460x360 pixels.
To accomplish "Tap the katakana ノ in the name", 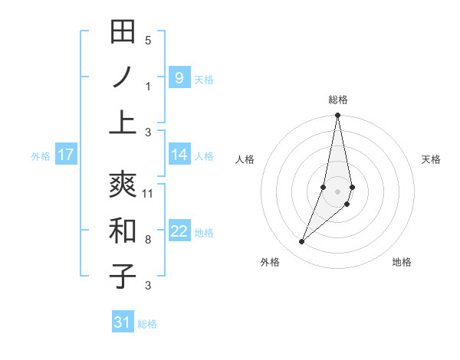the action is point(123,77).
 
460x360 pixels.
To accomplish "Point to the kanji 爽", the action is point(123,184).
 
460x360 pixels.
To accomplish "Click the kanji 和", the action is point(123,230).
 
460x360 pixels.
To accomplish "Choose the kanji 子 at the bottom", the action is point(123,276).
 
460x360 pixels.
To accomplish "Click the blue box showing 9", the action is point(179,77).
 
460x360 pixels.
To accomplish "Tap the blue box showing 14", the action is point(179,155).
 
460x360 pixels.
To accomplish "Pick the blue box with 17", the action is point(65,155).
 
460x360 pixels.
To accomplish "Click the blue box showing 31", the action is point(123,322).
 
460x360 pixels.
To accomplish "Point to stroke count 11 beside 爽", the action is point(148,194).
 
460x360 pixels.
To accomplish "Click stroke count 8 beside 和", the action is point(148,240).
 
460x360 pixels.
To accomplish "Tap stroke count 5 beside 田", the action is point(148,40).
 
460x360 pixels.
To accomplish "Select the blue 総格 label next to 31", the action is point(147,324).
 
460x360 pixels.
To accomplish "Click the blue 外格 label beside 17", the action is point(41,156).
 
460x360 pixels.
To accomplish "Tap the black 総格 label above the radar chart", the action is point(338,100).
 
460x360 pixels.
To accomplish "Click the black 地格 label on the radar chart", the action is point(402,263).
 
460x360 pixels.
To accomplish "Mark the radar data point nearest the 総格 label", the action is point(337,116).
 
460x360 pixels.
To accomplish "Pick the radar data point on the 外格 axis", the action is point(302,241).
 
